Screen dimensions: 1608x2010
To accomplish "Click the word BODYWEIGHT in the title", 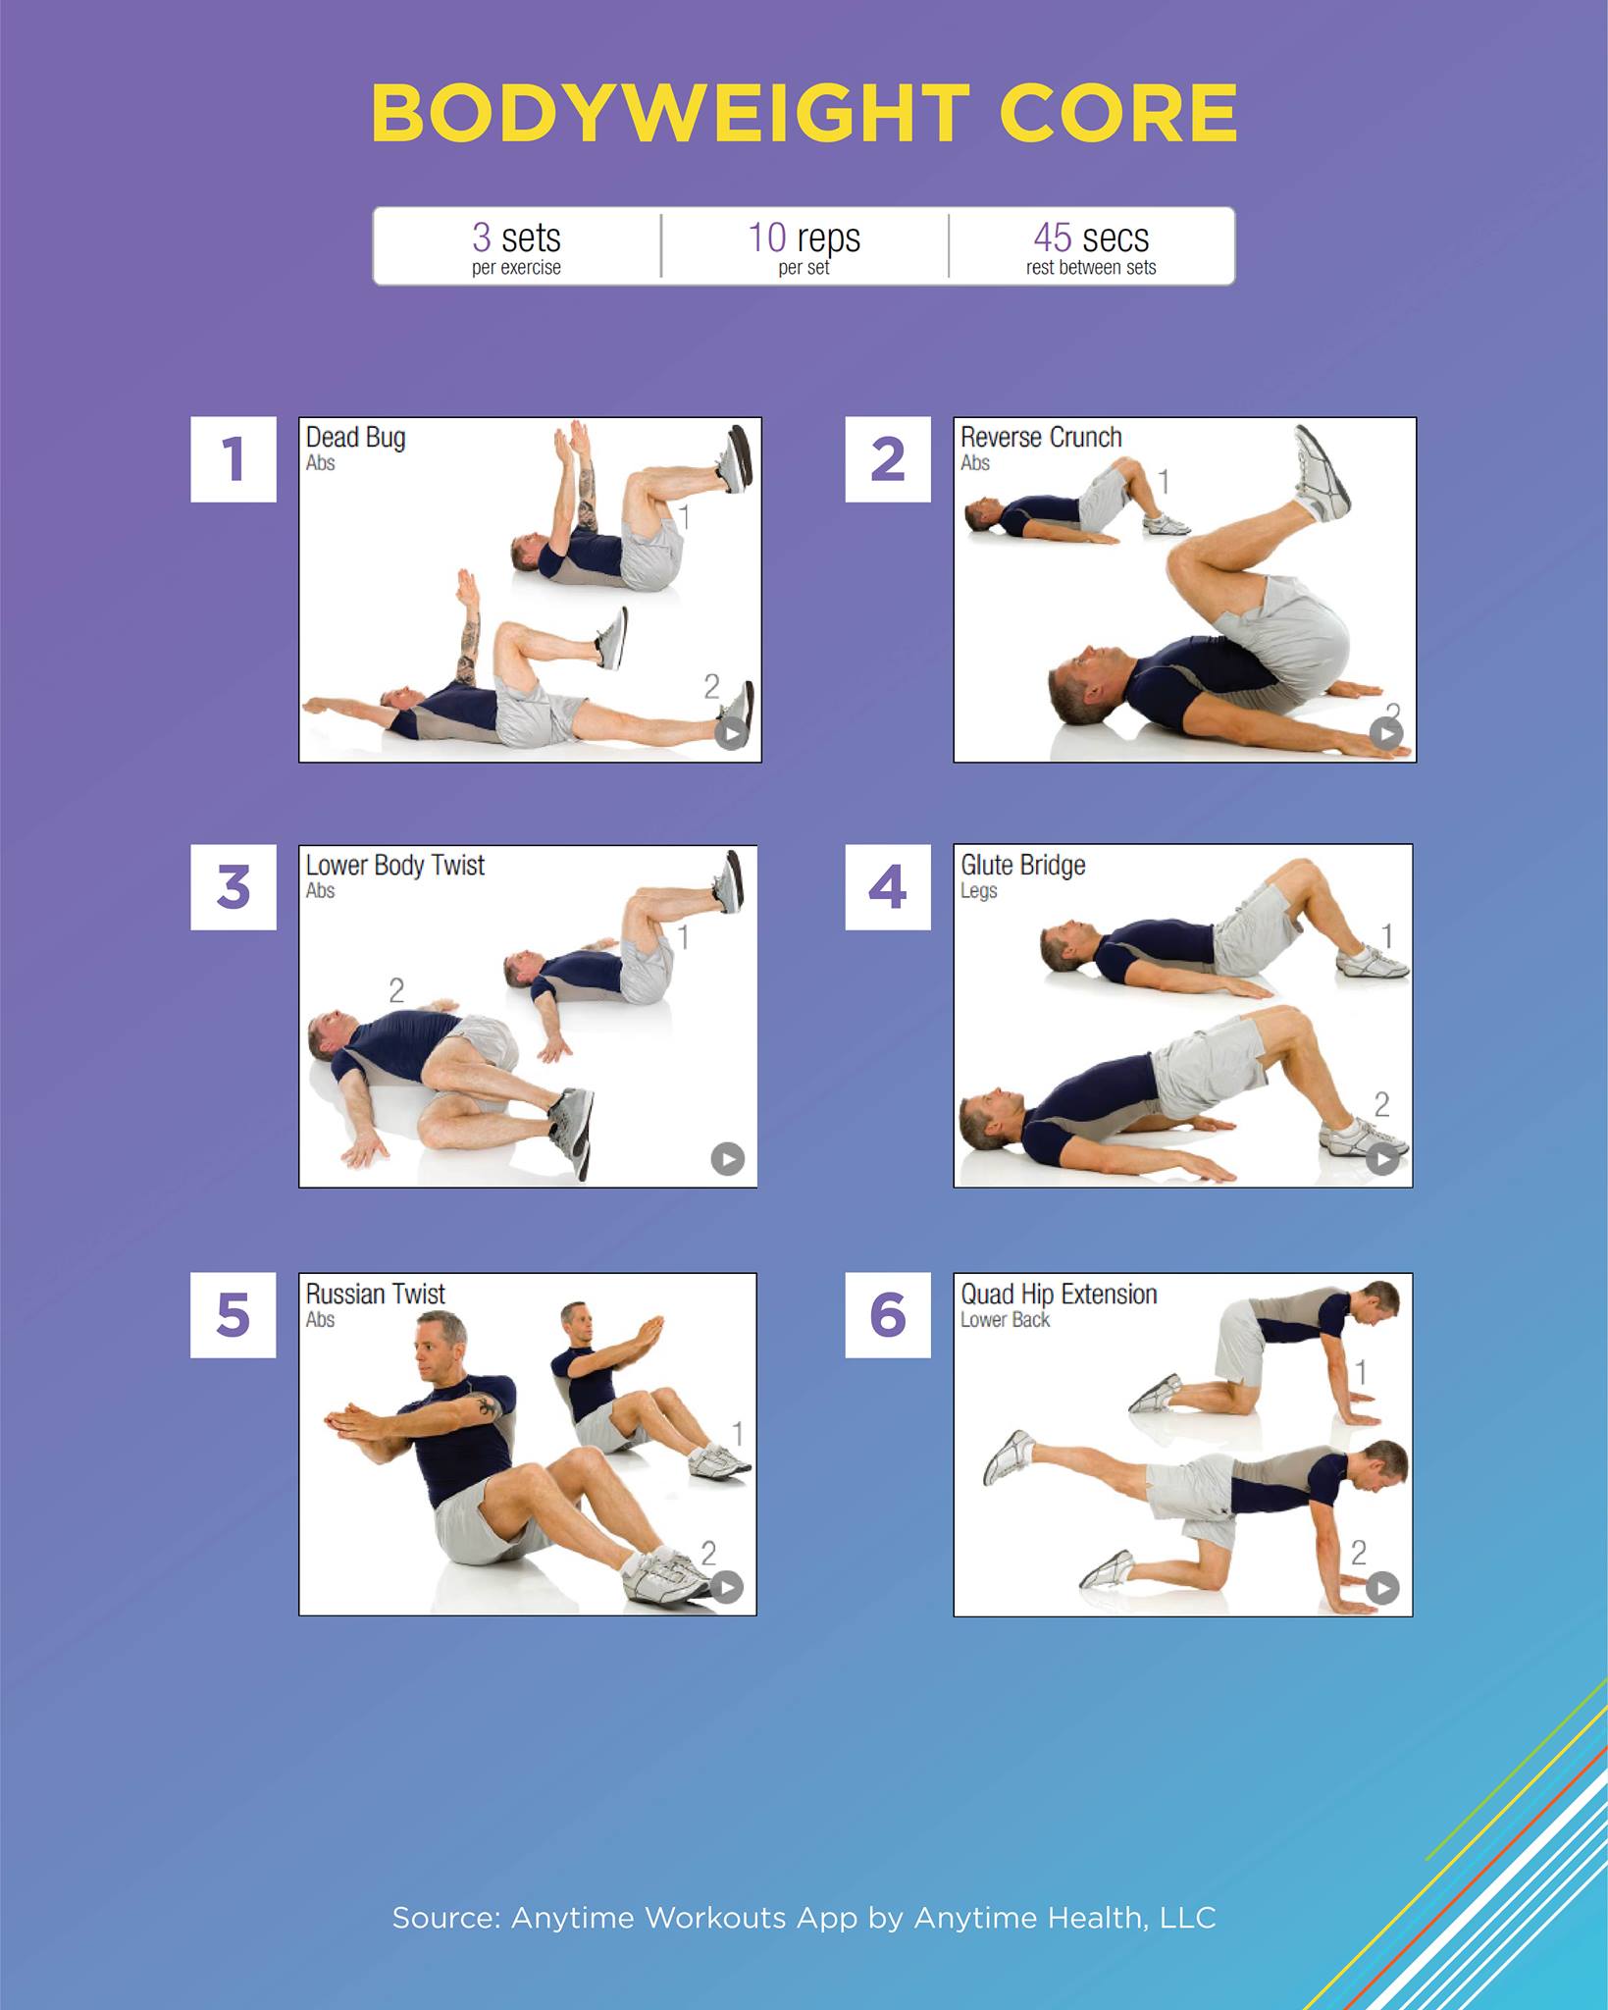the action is pos(670,113).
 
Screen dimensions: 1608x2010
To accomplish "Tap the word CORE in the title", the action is pos(1118,113).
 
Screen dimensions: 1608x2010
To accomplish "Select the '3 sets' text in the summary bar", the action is pos(516,238).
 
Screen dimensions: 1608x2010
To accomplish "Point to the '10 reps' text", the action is pos(804,238).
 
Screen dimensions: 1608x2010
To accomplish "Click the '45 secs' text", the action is pos(1091,238).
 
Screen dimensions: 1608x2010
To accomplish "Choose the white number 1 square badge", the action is pos(233,459).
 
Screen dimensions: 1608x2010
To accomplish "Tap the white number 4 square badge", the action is pos(888,887).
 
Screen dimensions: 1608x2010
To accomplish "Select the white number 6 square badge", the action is pos(888,1315).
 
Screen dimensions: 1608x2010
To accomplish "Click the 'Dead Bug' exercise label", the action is pos(355,438).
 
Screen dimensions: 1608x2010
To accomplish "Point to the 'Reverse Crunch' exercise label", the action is pos(1041,437).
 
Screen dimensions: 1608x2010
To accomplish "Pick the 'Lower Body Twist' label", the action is pos(395,866).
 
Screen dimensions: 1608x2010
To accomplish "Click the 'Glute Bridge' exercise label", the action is pos(1023,866).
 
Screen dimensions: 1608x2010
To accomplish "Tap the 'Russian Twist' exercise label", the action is pos(376,1294).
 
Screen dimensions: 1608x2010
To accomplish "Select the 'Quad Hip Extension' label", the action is pos(1060,1295).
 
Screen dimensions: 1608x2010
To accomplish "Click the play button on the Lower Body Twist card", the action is pos(728,1159).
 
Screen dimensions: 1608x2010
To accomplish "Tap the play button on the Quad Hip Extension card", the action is pos(1383,1587).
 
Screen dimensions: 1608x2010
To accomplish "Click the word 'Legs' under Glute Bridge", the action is pos(979,891).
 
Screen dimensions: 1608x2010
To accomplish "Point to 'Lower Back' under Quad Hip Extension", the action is pos(1006,1320).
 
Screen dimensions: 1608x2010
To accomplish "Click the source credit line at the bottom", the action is pos(804,1917).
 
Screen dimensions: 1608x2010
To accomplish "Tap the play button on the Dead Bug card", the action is pos(732,733).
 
